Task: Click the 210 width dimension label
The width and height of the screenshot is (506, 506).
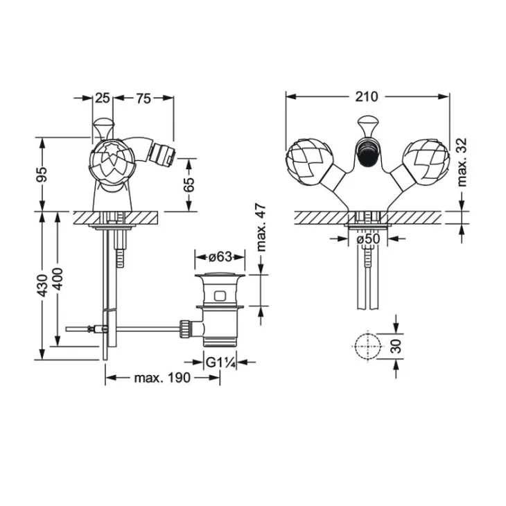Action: tap(366, 96)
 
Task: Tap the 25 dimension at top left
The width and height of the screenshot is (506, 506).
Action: tap(103, 98)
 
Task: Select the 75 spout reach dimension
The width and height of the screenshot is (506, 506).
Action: tap(143, 98)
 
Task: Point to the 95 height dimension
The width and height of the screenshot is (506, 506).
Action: tap(42, 175)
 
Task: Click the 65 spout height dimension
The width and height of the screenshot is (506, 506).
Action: tap(190, 184)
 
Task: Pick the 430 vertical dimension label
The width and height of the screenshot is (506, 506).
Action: tap(42, 286)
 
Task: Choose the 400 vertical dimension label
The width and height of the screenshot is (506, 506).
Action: tap(58, 279)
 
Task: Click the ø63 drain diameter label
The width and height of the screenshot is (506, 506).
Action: tap(220, 257)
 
